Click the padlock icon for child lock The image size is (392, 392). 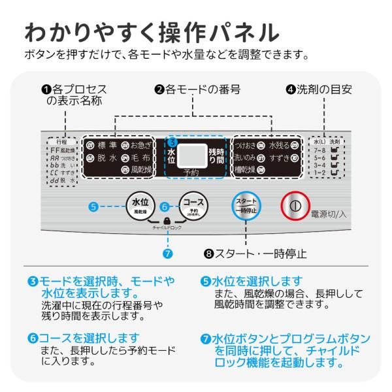tap(167, 221)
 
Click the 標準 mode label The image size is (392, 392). tap(105, 146)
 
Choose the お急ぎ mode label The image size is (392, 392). tap(140, 146)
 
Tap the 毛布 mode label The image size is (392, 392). tap(140, 157)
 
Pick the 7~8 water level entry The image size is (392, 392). tap(319, 149)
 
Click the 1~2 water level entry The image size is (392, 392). tap(319, 172)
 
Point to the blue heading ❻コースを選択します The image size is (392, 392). tap(84, 338)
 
